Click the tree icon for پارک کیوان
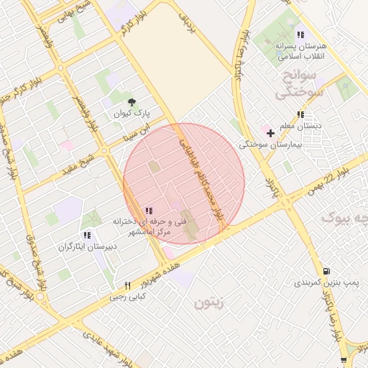click(x=131, y=103)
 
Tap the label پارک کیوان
click(x=131, y=114)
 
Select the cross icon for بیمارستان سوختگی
click(x=270, y=133)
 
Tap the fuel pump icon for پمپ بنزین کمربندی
click(x=328, y=272)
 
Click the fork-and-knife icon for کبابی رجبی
click(x=127, y=285)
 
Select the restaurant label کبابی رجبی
click(x=127, y=296)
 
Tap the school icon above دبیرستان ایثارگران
click(x=86, y=235)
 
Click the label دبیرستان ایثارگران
click(x=86, y=247)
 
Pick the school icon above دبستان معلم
click(x=300, y=114)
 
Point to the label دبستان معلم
click(x=300, y=126)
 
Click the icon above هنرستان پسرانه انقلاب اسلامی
click(x=300, y=34)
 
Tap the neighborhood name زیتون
click(x=209, y=304)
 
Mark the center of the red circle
click(x=184, y=183)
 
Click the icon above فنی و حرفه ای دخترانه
click(x=148, y=211)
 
